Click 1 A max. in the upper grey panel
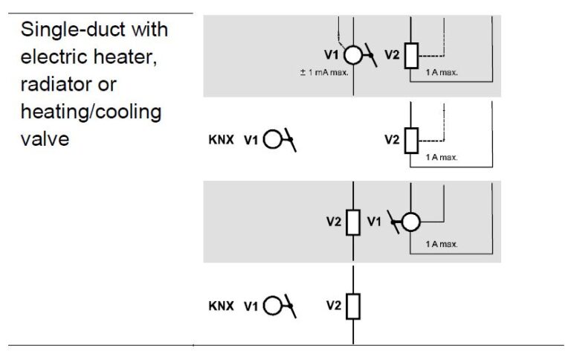[x=442, y=73]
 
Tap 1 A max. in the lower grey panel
[x=442, y=244]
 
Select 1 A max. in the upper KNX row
[x=442, y=157]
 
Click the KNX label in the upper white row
[x=222, y=139]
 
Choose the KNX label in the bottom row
[x=222, y=306]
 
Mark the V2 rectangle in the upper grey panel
[x=410, y=56]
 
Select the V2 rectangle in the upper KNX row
[x=410, y=139]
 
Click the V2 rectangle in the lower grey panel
[x=353, y=222]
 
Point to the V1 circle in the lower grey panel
[x=410, y=222]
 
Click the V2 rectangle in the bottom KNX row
[x=353, y=306]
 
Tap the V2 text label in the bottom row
[x=333, y=306]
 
